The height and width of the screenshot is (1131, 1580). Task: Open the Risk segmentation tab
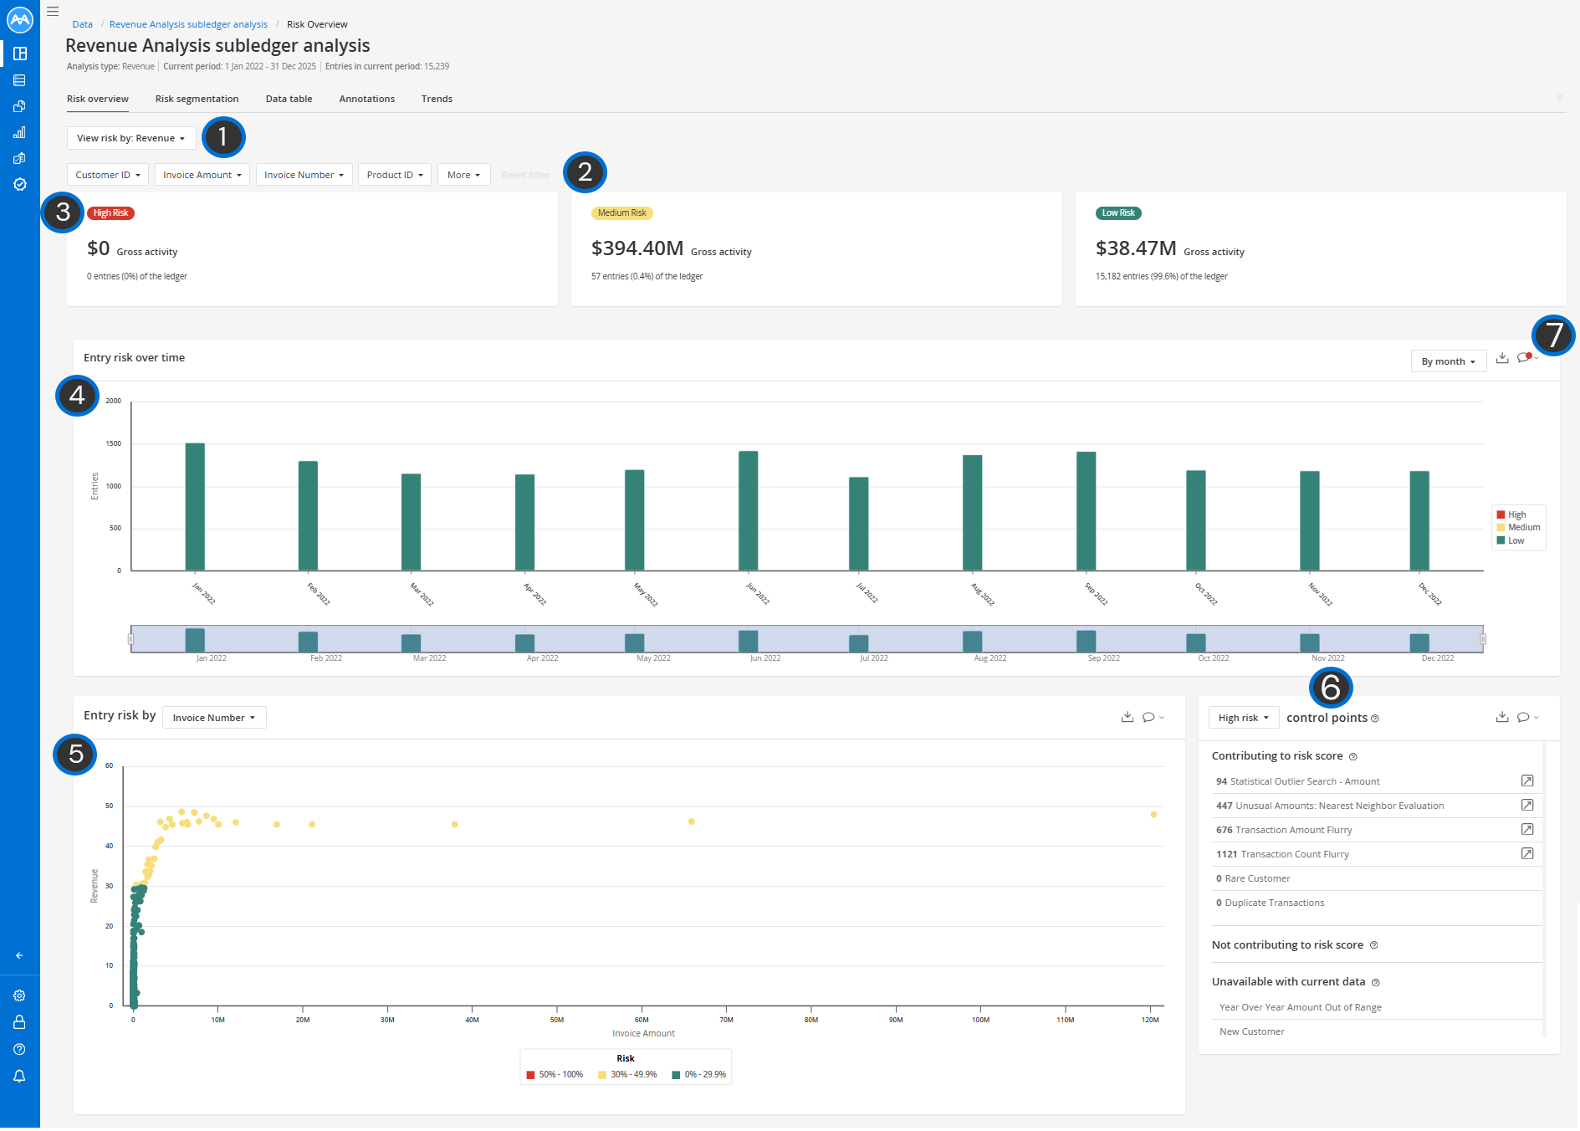click(x=197, y=99)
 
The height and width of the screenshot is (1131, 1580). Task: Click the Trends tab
click(x=437, y=99)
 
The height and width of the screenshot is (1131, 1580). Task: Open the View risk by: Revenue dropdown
click(x=131, y=138)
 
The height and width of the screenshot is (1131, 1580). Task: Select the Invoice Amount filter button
click(x=202, y=175)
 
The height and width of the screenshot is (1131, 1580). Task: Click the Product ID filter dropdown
click(x=395, y=175)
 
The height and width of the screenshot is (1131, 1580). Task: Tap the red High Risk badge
click(x=110, y=213)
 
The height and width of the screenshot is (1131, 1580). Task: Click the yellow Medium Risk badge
click(x=621, y=213)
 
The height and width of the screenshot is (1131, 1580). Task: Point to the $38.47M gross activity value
click(x=1136, y=248)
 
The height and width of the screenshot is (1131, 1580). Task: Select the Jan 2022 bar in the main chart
click(x=195, y=507)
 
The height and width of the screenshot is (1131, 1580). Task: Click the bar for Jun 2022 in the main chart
click(x=749, y=511)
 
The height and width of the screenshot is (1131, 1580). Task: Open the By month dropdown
click(x=1448, y=361)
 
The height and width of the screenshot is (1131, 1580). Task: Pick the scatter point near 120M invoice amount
click(x=1153, y=815)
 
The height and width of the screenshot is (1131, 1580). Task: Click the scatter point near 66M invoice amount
click(x=691, y=821)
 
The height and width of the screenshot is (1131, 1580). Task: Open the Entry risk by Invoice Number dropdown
click(x=214, y=718)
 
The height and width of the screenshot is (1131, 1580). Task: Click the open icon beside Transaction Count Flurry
click(x=1526, y=854)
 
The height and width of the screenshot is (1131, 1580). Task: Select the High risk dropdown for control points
click(x=1243, y=718)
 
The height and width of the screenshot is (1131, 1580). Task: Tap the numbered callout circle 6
click(x=1331, y=688)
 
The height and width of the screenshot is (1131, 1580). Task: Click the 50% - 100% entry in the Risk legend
click(x=555, y=1075)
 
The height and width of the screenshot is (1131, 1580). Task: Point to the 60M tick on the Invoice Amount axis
click(x=642, y=1020)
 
